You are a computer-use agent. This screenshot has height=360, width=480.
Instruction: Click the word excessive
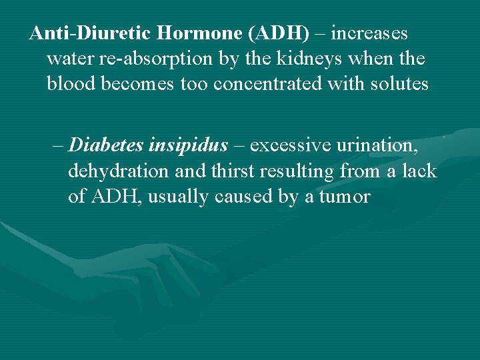tap(291, 145)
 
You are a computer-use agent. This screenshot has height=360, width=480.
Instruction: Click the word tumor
tap(344, 197)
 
